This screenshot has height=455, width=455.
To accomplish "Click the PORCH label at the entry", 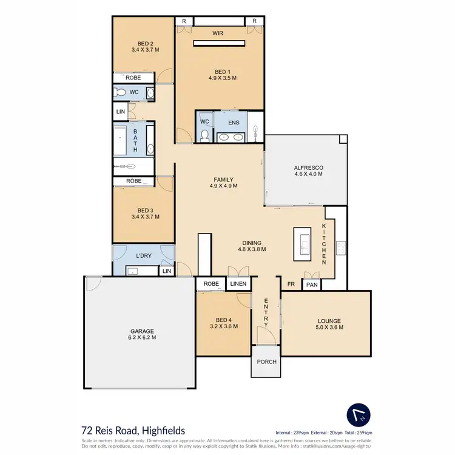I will [x=266, y=362].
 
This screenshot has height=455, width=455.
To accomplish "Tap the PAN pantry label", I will [x=312, y=284].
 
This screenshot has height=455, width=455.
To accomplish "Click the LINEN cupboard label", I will [x=238, y=284].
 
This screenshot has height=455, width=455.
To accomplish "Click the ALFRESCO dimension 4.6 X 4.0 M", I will [x=308, y=174].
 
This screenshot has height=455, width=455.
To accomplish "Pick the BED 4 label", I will [x=223, y=320].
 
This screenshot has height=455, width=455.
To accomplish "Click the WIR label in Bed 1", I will [x=218, y=34].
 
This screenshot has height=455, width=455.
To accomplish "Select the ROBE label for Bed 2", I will [x=133, y=78].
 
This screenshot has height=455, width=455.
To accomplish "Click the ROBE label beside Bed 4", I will [x=211, y=284].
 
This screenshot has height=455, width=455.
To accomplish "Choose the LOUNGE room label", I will [x=329, y=321].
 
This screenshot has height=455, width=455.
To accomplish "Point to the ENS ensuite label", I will [x=234, y=123].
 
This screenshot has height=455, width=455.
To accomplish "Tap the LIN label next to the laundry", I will [x=166, y=272].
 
